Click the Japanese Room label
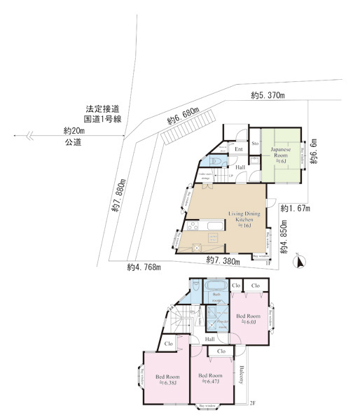pyautogui.click(x=281, y=152)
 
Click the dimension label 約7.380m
pyautogui.click(x=223, y=260)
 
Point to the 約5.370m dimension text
pyautogui.click(x=267, y=95)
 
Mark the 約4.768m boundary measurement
pyautogui.click(x=144, y=267)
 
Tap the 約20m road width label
pyautogui.click(x=74, y=131)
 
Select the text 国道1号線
pyautogui.click(x=103, y=120)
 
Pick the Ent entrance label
pyautogui.click(x=238, y=148)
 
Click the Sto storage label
pyautogui.click(x=255, y=143)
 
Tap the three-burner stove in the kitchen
pyautogui.click(x=198, y=246)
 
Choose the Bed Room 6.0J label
pyautogui.click(x=250, y=319)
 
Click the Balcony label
pyautogui.click(x=240, y=374)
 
